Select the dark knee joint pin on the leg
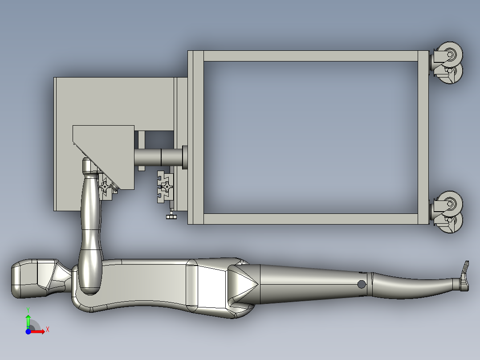pos(362,284)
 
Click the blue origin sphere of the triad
pos(28,331)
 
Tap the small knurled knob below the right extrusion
pos(171,217)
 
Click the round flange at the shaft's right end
pos(185,156)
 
